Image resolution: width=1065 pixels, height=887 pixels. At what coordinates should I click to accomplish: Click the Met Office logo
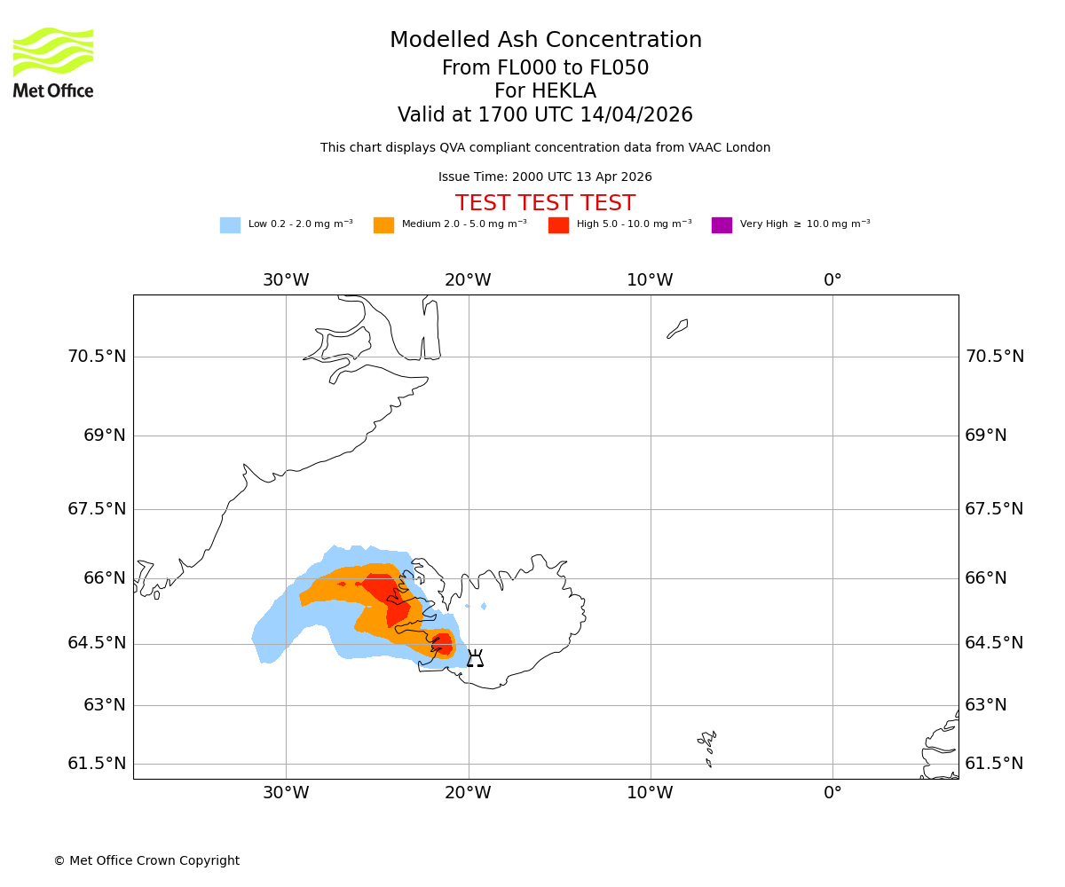[53, 62]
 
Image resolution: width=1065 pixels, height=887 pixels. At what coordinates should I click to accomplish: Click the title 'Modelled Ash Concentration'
[545, 41]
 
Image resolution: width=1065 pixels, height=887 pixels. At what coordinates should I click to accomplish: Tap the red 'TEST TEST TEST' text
[545, 204]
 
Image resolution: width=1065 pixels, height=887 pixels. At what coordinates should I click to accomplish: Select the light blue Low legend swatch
[230, 225]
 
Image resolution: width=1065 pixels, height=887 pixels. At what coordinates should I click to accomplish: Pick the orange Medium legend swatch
[383, 225]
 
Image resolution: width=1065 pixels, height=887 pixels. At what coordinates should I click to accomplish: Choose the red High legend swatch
[558, 225]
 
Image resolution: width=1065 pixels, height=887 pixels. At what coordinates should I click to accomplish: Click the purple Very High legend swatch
[722, 225]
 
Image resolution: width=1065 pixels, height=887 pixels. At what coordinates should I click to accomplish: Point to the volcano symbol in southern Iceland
[476, 658]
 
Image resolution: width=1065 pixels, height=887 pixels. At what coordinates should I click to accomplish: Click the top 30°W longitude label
[286, 280]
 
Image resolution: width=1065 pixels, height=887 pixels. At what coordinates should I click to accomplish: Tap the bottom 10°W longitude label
[650, 793]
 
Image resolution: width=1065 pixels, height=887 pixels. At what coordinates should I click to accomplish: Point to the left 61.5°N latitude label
[97, 764]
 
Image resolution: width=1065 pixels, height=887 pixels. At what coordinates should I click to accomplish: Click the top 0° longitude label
[832, 280]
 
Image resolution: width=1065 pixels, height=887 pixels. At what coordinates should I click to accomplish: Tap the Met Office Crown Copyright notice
[146, 861]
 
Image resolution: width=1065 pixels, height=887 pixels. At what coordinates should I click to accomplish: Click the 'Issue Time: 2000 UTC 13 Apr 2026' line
[545, 177]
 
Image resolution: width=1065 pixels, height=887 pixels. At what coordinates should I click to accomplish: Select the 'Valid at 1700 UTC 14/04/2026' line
[545, 115]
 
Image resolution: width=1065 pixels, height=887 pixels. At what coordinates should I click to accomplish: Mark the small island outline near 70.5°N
[677, 329]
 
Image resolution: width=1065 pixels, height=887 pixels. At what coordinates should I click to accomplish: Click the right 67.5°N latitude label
[994, 509]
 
